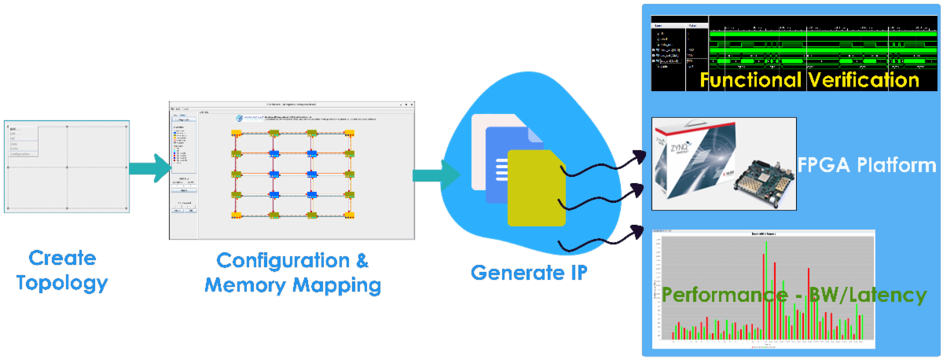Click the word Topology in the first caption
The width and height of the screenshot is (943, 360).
(62, 282)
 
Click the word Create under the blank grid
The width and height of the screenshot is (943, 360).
(62, 258)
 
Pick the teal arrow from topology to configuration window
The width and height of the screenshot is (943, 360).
(150, 166)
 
